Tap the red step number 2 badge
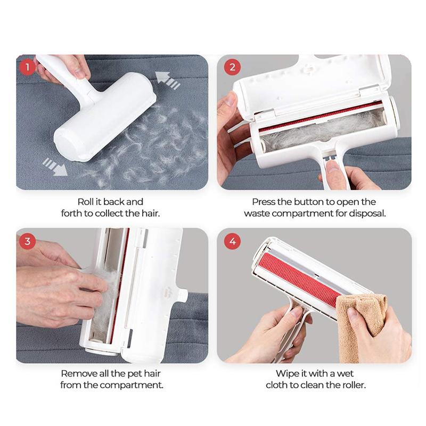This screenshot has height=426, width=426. click(x=232, y=68)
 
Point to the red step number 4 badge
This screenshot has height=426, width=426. click(x=232, y=241)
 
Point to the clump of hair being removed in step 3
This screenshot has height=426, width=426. click(x=109, y=296)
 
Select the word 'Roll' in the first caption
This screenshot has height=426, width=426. click(x=87, y=202)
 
